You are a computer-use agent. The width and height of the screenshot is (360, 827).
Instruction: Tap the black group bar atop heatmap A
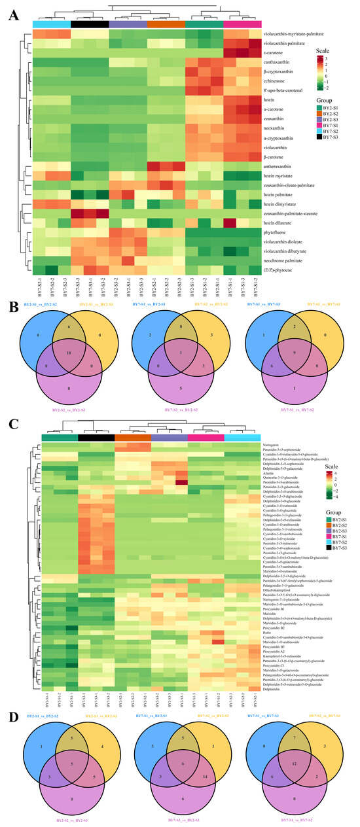point(89,24)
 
